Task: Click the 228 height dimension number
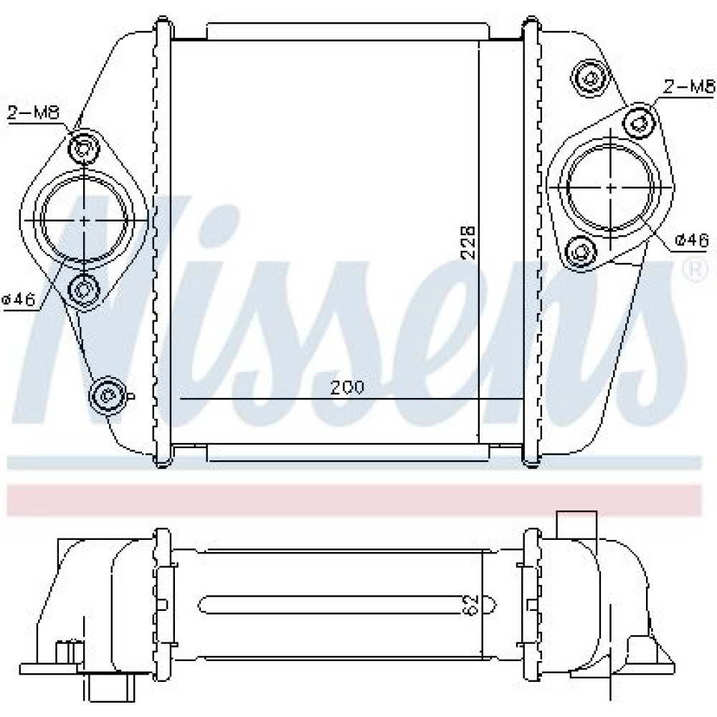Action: [469, 242]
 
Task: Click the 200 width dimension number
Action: [348, 387]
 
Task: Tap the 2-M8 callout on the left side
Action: [34, 112]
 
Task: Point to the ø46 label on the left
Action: [19, 300]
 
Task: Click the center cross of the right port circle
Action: [612, 187]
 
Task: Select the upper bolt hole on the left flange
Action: [83, 147]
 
